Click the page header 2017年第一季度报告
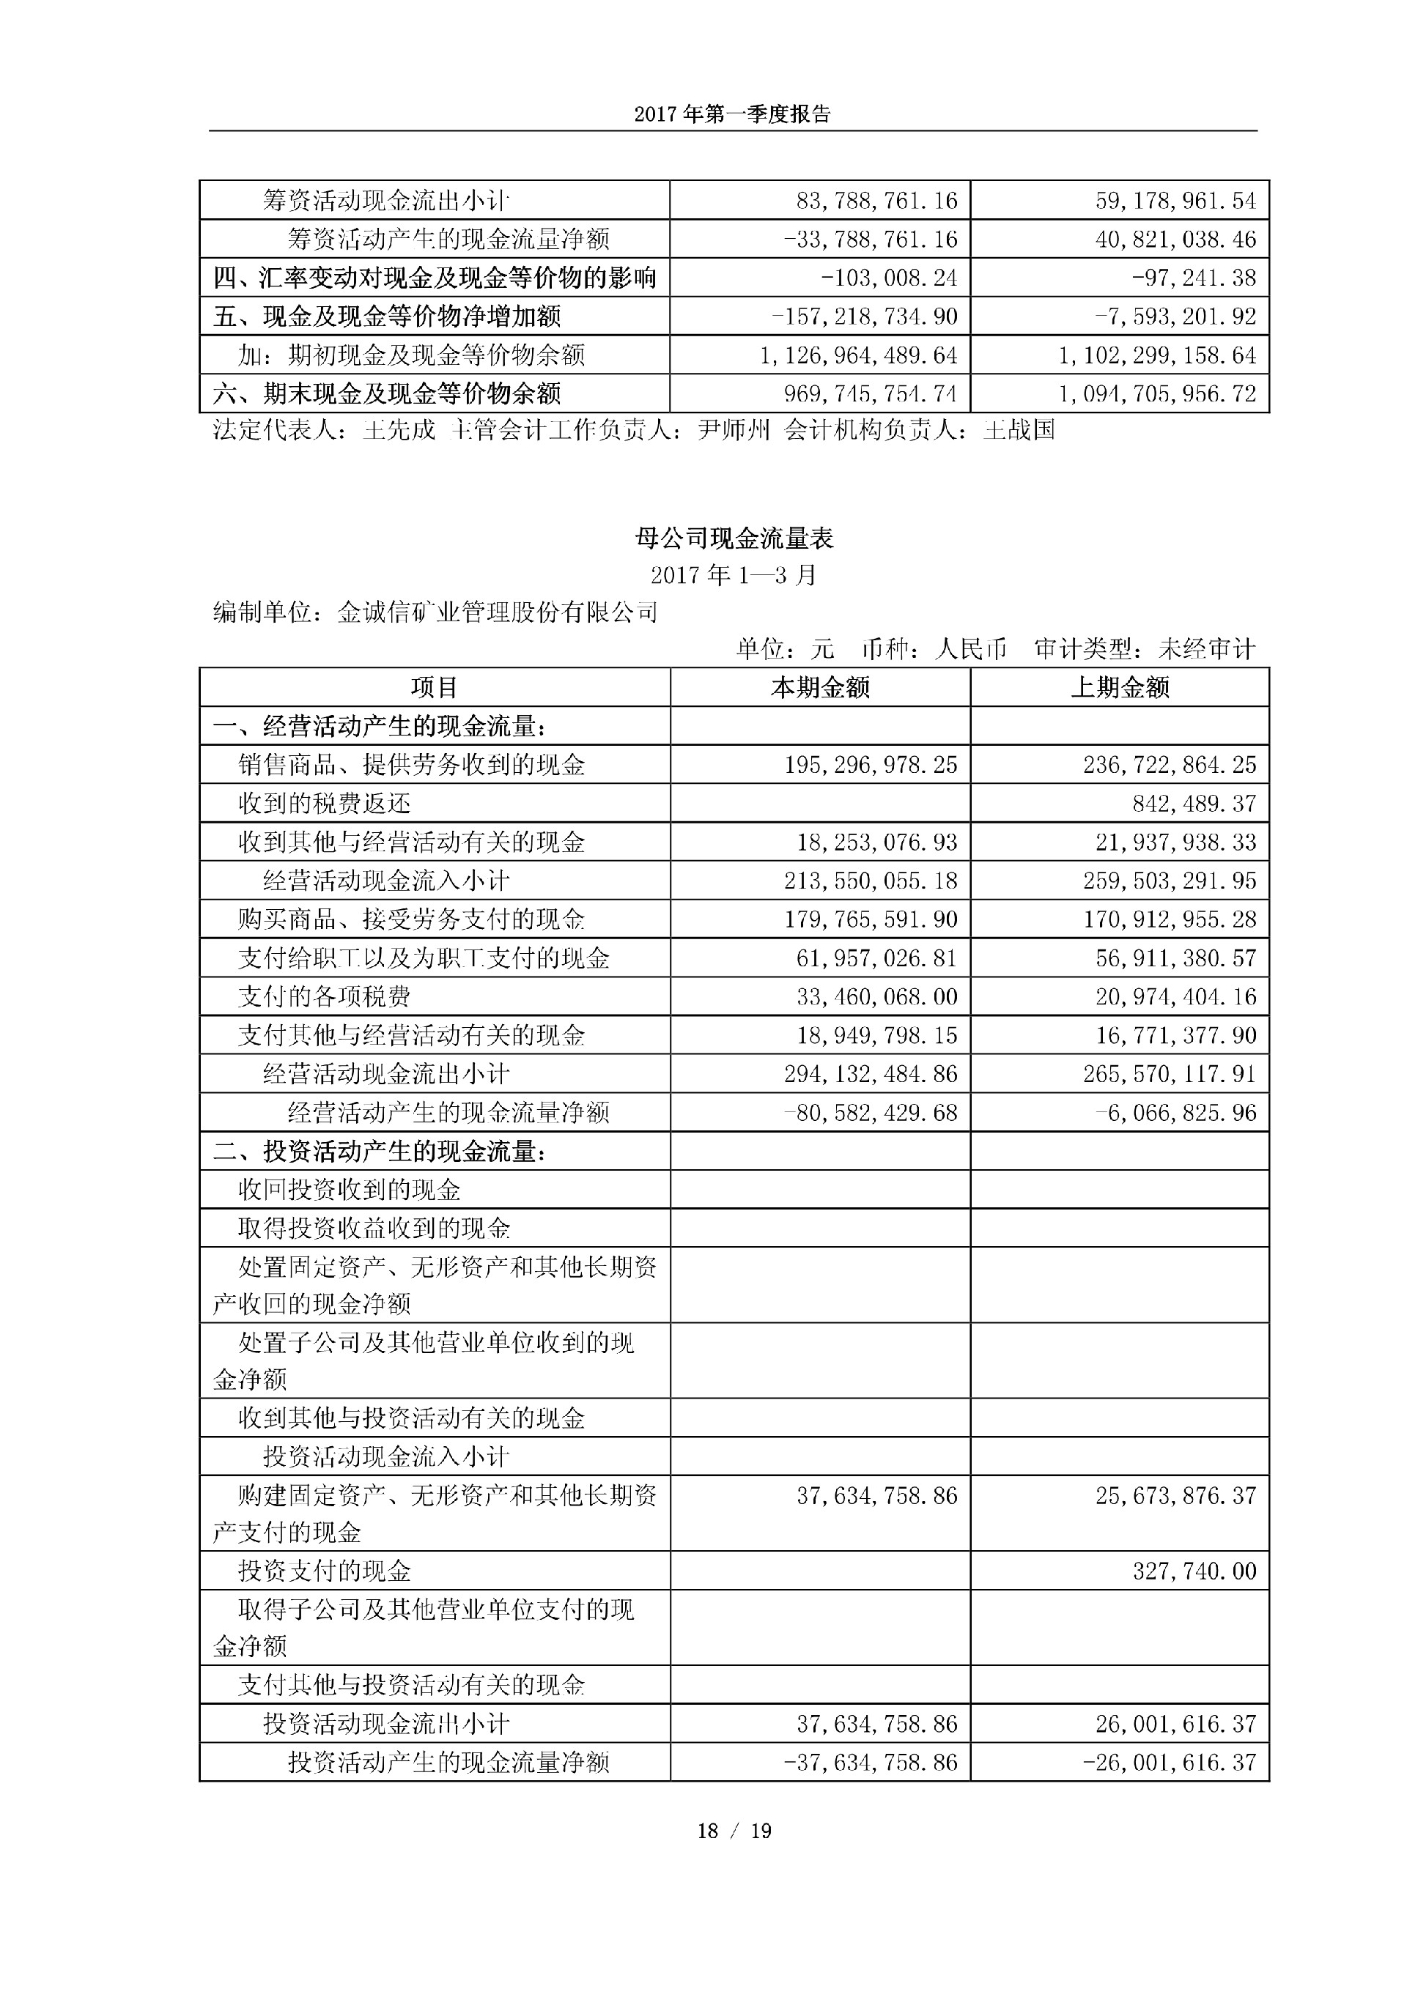732,114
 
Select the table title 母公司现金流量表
734,539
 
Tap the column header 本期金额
819,688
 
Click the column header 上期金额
1119,688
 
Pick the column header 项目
434,688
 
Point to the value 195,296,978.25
871,765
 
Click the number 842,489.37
1194,804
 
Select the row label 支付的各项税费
324,997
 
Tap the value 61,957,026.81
876,958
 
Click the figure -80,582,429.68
870,1112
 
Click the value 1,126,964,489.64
859,355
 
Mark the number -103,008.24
889,278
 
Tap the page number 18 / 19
734,1831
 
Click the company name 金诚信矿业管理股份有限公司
498,612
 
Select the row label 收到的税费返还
324,804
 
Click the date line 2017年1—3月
734,575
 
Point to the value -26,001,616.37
1175,1762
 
